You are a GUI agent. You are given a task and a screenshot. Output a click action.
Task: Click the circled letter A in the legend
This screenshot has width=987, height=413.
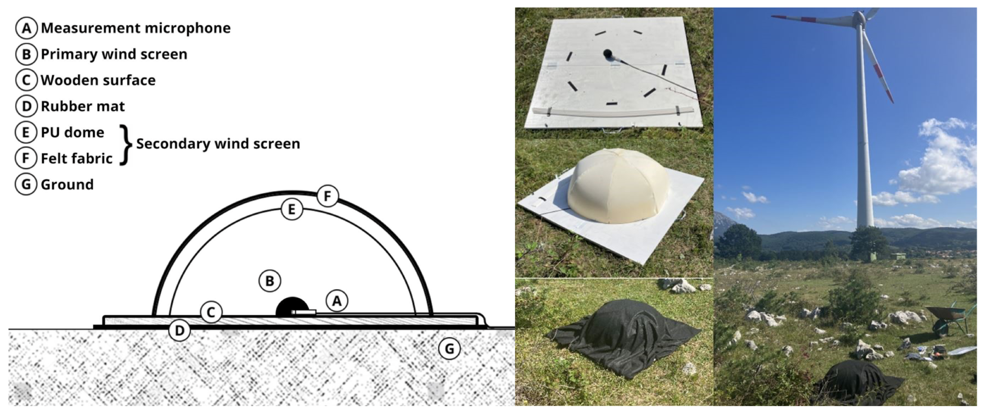(x=26, y=28)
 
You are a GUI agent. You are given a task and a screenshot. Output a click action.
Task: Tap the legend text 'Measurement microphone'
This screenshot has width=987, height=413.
(x=136, y=28)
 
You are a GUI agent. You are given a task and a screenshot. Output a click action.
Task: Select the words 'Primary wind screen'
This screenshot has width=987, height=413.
(x=114, y=54)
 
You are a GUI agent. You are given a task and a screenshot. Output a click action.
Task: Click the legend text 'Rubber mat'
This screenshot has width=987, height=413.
(x=83, y=106)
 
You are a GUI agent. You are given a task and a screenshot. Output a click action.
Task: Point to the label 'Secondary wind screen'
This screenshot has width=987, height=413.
(x=218, y=143)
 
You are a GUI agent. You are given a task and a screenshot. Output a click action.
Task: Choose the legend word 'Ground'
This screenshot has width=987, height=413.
(x=67, y=185)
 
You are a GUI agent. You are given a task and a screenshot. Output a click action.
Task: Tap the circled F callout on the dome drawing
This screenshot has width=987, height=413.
(x=327, y=196)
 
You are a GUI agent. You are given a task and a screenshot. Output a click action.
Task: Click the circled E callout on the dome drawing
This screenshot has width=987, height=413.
(x=292, y=209)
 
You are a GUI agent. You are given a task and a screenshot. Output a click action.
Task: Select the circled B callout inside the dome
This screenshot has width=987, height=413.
(x=270, y=281)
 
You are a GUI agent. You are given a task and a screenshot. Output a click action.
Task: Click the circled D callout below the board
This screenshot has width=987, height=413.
(x=179, y=330)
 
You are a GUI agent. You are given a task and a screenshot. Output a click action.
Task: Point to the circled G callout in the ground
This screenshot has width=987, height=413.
(x=449, y=348)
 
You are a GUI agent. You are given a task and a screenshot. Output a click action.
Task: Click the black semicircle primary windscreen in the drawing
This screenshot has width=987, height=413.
(x=292, y=307)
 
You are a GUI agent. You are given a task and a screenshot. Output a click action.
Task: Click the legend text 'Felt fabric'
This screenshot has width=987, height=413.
(x=77, y=158)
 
